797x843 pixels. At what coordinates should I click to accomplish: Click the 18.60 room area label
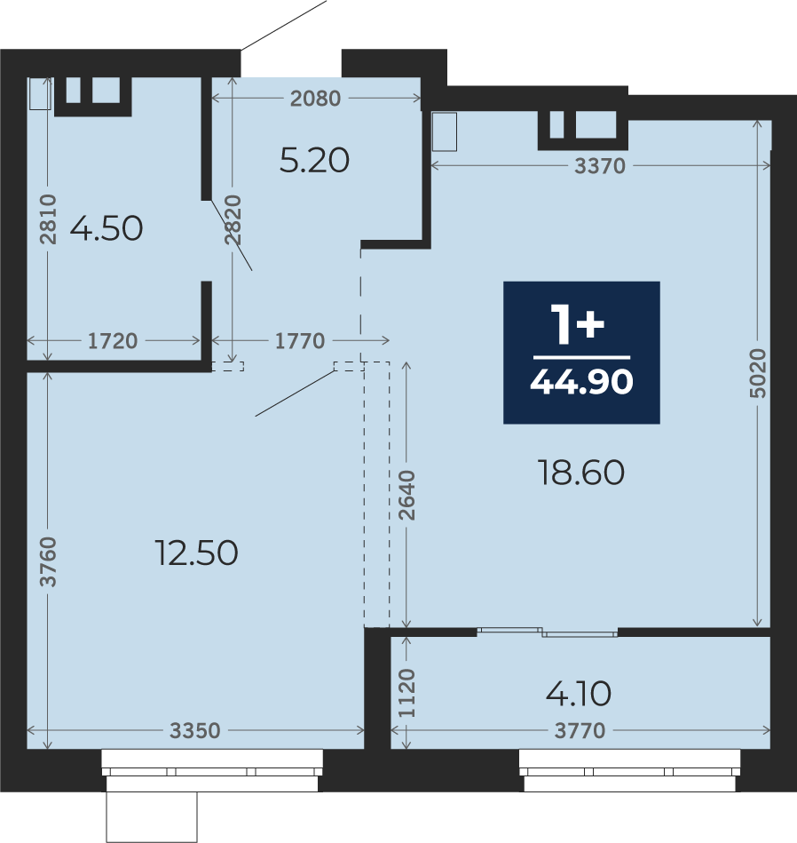pos(581,473)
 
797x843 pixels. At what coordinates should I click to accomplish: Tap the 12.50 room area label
pos(196,553)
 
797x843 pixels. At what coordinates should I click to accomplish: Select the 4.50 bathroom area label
pos(107,228)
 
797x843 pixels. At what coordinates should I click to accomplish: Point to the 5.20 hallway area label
pos(315,160)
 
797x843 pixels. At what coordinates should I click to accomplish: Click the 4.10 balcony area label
pos(579,694)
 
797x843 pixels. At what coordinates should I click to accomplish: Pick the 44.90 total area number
pos(581,382)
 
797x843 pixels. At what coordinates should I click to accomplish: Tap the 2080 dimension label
pos(315,99)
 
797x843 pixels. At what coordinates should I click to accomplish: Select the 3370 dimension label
pos(600,166)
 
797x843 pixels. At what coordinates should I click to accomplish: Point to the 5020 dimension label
pos(757,373)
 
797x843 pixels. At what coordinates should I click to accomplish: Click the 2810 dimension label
pos(48,219)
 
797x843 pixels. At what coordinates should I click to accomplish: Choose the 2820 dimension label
pos(233,220)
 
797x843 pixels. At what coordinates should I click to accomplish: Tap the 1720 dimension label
pos(113,341)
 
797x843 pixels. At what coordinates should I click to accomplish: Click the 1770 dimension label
pos(300,341)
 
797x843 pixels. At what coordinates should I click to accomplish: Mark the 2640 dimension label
pos(407,495)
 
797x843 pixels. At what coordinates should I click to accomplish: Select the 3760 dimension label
pos(48,561)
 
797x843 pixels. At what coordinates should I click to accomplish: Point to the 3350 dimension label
pos(195,731)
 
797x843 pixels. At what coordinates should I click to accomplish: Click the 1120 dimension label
pos(407,693)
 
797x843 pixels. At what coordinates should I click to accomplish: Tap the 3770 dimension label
pos(580,731)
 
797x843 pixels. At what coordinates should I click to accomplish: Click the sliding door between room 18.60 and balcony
pos(548,632)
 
